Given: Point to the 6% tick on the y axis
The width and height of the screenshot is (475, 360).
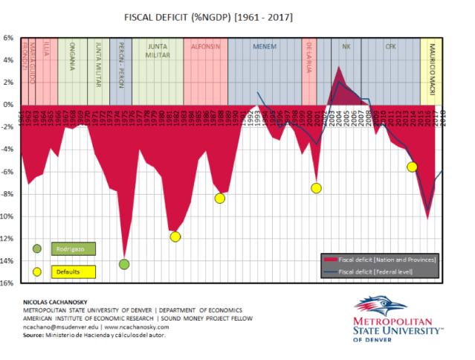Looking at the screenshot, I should point(10,37).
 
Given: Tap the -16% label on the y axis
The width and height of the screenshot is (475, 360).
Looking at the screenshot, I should point(8,283).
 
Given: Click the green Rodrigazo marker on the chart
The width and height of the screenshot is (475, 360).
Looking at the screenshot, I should point(124,264).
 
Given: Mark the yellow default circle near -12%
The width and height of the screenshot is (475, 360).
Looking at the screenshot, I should point(175,237).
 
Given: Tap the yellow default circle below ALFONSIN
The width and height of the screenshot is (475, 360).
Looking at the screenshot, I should point(219,198).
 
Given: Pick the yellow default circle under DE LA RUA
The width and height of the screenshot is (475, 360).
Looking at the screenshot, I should point(316,187).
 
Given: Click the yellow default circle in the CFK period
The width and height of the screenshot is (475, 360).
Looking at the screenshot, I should point(411,167).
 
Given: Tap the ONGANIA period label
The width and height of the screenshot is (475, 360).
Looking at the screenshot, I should point(71,57).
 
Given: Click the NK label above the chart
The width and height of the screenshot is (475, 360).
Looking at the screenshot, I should point(346,46).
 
